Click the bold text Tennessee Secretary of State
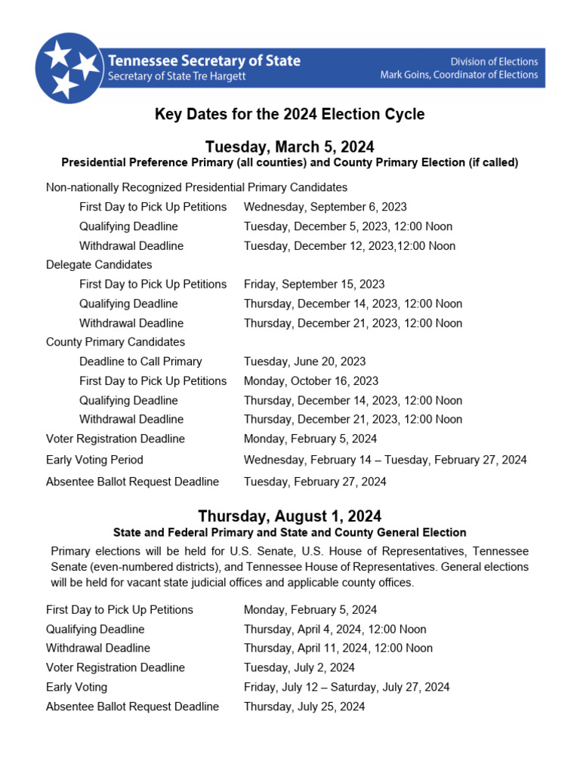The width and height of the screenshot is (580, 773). [204, 61]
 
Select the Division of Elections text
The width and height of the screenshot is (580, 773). [494, 61]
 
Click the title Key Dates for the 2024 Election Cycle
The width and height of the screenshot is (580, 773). [290, 115]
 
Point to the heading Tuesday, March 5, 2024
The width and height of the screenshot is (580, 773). [290, 146]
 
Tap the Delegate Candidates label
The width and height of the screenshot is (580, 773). [99, 265]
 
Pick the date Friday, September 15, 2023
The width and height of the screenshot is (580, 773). [314, 285]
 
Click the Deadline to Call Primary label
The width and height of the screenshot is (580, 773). [140, 362]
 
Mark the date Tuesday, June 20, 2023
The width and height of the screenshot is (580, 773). [304, 362]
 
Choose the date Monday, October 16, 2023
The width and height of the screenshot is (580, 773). [311, 381]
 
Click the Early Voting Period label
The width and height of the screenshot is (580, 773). [94, 460]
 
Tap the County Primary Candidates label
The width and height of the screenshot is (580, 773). [116, 342]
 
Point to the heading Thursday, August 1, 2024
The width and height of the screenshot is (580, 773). [290, 516]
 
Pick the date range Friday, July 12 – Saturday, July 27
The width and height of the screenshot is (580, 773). [347, 687]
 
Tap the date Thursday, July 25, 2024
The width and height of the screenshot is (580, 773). [304, 707]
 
